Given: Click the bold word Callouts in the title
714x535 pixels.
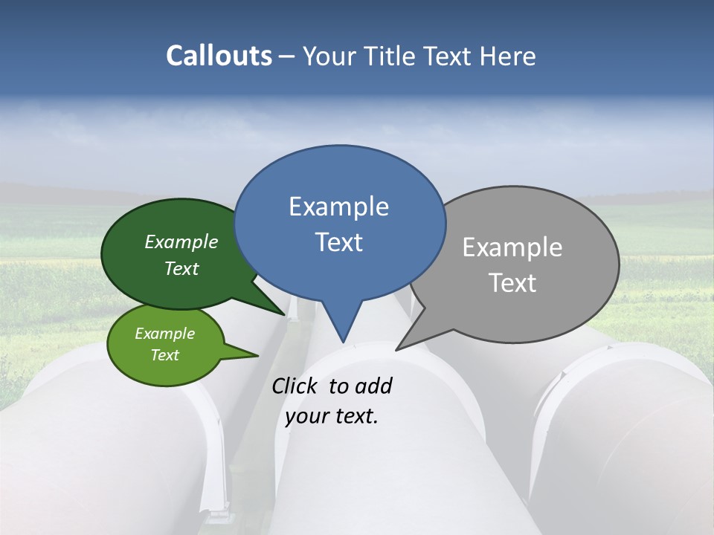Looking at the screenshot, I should click(219, 56).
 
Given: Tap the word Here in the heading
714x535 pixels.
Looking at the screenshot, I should click(508, 56).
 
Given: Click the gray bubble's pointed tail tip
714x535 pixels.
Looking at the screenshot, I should click(397, 349).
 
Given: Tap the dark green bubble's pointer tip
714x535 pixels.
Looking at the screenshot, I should click(284, 314).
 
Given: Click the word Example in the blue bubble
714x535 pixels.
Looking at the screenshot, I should click(338, 207).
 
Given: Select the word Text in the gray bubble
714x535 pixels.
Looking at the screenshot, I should click(512, 283).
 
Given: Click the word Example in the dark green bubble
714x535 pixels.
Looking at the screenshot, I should click(181, 241).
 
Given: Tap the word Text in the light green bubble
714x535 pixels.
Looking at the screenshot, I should click(165, 355).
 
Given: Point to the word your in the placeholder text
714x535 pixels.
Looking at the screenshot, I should click(306, 416).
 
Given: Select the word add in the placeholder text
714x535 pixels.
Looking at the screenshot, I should click(373, 386).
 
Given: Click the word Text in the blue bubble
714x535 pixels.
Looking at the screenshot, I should click(339, 242).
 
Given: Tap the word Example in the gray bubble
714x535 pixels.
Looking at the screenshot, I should click(512, 247).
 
